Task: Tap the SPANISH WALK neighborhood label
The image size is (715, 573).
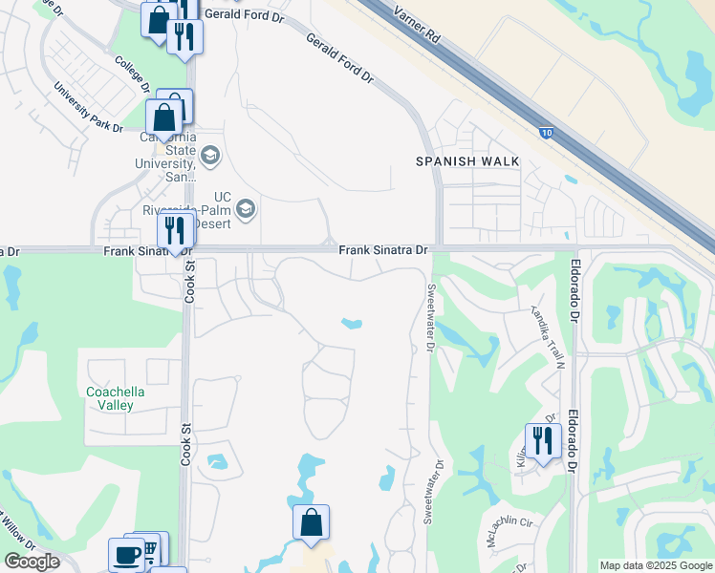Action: pos(467,161)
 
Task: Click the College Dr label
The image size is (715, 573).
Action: pos(132,73)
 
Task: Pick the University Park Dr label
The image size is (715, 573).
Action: pos(88,107)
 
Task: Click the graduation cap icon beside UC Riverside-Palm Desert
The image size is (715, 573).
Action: pos(246,208)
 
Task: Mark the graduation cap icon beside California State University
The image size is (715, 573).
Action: pos(210,154)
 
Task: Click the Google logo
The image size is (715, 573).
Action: pos(32,562)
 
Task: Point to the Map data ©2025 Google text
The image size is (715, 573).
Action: pos(655,565)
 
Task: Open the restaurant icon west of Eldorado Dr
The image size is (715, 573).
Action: pos(541,441)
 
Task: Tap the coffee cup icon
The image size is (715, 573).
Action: pos(125,554)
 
